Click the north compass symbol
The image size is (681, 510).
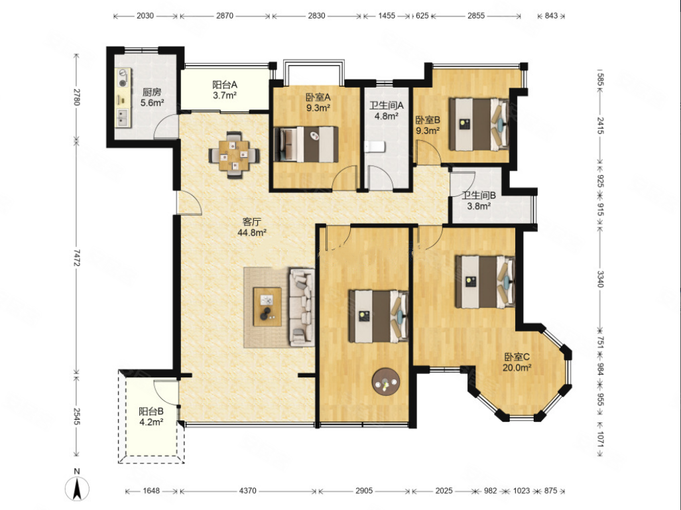point(78,487)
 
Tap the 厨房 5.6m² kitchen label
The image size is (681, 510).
point(152,97)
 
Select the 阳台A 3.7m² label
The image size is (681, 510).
point(225,90)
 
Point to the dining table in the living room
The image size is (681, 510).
point(234,155)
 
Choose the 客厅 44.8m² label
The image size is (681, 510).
point(252,227)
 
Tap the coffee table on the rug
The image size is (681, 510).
point(267,306)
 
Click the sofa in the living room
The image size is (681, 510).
point(302,307)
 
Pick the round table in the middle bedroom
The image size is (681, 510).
point(386,382)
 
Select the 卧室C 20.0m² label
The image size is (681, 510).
point(517,362)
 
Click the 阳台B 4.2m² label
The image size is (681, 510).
point(151,416)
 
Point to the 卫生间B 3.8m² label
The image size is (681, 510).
point(479,201)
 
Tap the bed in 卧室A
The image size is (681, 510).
point(306,144)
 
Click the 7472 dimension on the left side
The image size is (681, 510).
point(76,257)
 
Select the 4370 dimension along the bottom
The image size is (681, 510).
point(247,491)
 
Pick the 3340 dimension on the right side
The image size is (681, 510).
point(600,279)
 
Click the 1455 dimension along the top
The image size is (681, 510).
point(386,16)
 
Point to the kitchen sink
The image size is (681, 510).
point(123,117)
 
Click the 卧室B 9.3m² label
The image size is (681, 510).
point(428,125)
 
